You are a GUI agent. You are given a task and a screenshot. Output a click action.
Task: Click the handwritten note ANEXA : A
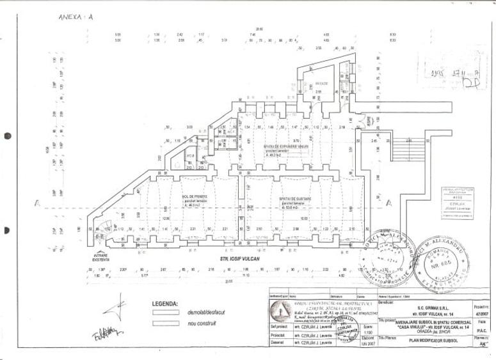[76, 17]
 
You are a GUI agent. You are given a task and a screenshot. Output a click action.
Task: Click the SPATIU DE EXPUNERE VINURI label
[276, 146]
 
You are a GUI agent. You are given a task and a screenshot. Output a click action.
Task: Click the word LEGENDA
[165, 304]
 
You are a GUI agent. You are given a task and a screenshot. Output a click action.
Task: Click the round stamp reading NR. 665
[441, 262]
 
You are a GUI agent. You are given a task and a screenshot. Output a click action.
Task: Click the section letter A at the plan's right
[388, 203]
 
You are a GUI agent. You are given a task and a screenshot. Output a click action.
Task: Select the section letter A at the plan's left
[37, 204]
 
